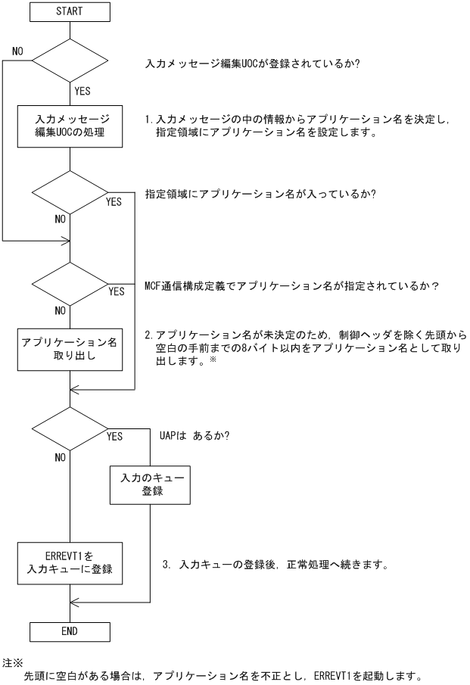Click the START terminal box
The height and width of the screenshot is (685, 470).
point(70,12)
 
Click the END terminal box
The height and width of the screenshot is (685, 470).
point(70,630)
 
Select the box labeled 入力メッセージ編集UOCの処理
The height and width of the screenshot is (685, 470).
point(70,126)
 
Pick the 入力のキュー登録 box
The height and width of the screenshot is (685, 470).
point(147,485)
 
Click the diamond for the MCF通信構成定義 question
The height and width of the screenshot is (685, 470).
point(70,285)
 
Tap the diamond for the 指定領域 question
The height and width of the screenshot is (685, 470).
point(70,192)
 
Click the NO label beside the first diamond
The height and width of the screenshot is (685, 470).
point(20,51)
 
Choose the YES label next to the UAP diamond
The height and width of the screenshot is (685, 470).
point(115,437)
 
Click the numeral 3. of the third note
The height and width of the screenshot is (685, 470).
point(167,565)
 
